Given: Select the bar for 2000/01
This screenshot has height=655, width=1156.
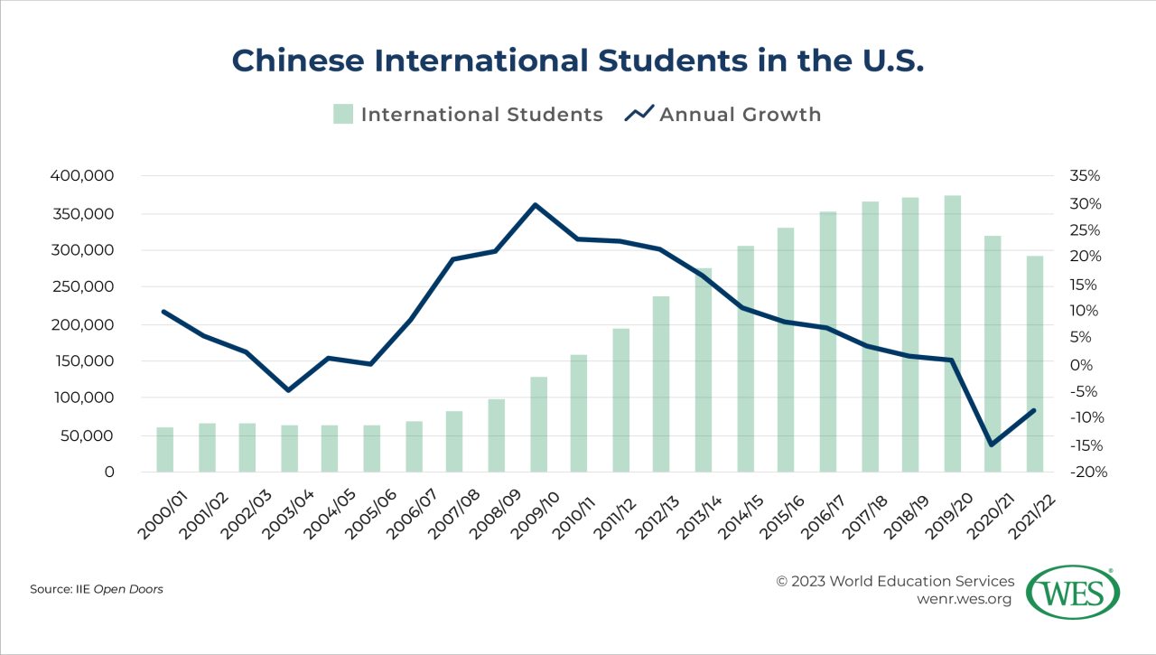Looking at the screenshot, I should [x=164, y=449].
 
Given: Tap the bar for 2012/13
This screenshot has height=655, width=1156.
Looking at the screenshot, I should [x=660, y=384].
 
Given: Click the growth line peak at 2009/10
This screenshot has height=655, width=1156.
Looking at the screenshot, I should [x=535, y=205].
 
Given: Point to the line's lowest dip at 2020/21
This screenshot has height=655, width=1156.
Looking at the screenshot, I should [x=993, y=444].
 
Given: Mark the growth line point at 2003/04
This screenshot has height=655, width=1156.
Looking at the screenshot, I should [x=288, y=390].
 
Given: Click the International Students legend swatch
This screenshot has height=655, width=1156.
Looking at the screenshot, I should [x=343, y=114].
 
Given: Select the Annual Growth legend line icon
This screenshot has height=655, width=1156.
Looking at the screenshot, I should [x=639, y=114].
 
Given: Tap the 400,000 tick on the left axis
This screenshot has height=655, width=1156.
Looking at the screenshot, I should [x=84, y=176].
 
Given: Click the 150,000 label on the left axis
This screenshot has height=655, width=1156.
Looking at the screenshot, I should [x=84, y=361].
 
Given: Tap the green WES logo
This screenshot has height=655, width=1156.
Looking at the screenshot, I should [x=1074, y=593].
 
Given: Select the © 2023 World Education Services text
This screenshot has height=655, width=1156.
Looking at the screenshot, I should [x=895, y=581].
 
